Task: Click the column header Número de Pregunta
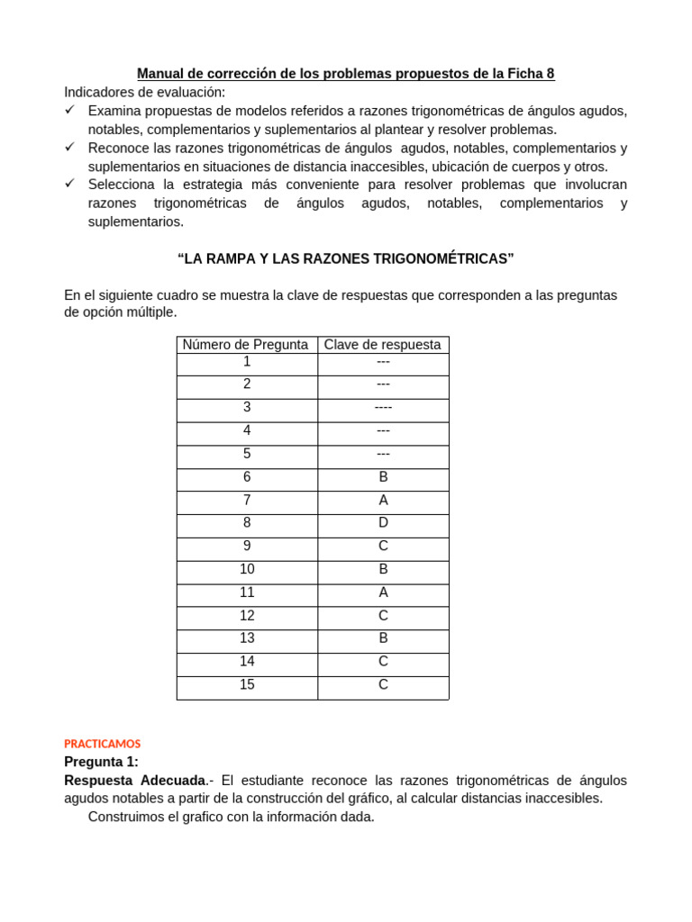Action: [245, 345]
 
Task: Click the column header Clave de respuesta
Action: [382, 345]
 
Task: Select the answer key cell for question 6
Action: [383, 478]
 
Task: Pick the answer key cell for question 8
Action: [383, 523]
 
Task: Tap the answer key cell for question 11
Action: [383, 592]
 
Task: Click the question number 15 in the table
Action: [247, 685]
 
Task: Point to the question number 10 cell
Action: [247, 569]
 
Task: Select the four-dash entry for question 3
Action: [383, 408]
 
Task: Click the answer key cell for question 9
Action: [383, 546]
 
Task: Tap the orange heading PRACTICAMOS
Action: [103, 744]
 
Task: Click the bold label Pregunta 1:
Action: [101, 762]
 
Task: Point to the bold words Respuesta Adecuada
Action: [135, 780]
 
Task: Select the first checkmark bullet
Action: [70, 110]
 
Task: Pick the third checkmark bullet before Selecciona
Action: [70, 184]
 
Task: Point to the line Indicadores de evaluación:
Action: [145, 92]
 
